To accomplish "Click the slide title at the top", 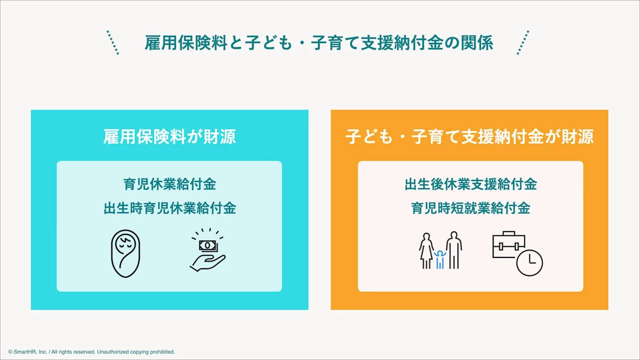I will (x=319, y=43).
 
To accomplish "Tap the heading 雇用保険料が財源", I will (x=169, y=136).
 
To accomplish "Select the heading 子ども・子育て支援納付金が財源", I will (x=469, y=136).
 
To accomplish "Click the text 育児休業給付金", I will (x=169, y=184).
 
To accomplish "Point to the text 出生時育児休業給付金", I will (x=169, y=208).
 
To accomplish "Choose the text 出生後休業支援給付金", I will (x=471, y=184).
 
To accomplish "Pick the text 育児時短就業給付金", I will (x=471, y=208).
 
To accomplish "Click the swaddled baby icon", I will (x=126, y=253).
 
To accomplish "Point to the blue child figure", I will (x=440, y=259).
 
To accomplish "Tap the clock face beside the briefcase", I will (x=529, y=263).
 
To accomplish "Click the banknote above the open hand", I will (x=207, y=245).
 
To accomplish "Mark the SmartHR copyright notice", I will (x=91, y=352).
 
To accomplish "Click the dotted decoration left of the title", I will (x=113, y=43).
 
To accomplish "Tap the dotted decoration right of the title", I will (x=523, y=43).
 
